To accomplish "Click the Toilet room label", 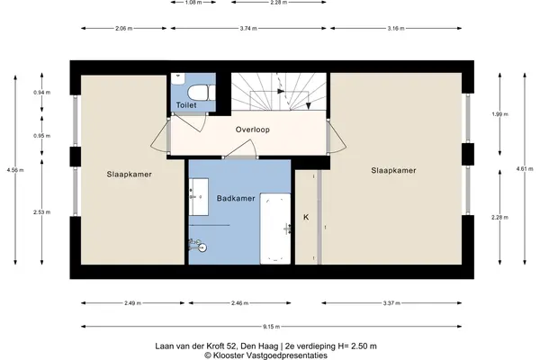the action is [186, 105].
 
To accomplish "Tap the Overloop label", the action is [252, 130].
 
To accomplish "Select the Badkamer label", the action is [236, 198].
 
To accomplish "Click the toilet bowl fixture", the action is [202, 93].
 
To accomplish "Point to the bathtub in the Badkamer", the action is [275, 229].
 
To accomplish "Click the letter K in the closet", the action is [306, 218].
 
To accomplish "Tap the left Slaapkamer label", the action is [129, 175].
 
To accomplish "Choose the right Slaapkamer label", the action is [393, 170].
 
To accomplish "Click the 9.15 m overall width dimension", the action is [272, 327].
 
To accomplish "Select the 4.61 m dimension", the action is [525, 169].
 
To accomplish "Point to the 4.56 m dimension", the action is [15, 170].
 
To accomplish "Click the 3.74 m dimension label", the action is [248, 28].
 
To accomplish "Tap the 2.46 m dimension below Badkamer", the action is [239, 303].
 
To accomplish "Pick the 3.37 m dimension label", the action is [391, 303].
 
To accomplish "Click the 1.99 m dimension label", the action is [500, 114].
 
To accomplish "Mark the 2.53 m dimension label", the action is [41, 212].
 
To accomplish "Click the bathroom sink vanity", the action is [199, 197].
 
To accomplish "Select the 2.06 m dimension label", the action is [123, 28].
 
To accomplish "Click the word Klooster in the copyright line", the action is [228, 355].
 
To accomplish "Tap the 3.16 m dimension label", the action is [396, 28].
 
